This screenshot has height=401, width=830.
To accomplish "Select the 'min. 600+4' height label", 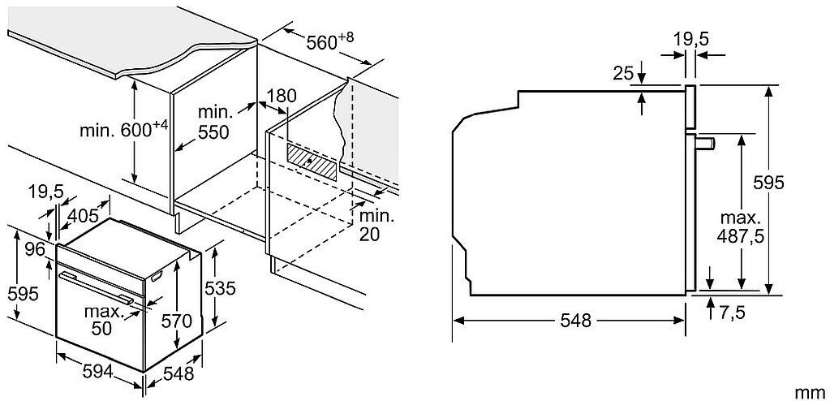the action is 123,128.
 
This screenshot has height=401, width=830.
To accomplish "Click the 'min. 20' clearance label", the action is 376,225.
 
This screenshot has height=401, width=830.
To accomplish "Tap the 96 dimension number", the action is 34,249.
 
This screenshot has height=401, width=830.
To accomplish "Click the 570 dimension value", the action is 176,321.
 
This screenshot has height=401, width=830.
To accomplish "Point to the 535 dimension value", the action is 221,287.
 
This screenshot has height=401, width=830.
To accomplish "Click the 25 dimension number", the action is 623,74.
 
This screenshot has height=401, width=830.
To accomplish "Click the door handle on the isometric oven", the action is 97,289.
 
